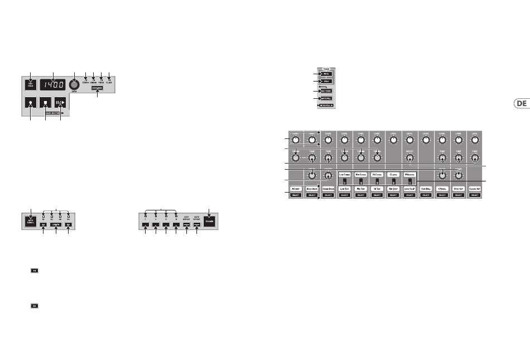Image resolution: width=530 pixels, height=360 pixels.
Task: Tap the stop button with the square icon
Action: [45, 104]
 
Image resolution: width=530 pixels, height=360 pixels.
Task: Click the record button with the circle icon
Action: [30, 104]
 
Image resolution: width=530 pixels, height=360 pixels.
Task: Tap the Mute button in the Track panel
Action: [327, 73]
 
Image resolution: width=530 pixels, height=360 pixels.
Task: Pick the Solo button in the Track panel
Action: [327, 81]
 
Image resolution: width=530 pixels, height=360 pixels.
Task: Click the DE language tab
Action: [521, 103]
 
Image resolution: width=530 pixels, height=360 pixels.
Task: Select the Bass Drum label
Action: [312, 190]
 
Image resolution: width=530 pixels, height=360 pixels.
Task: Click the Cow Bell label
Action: [426, 190]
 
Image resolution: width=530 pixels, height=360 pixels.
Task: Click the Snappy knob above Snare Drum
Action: [328, 175]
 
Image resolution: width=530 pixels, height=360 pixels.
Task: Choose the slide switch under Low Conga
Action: [345, 181]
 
